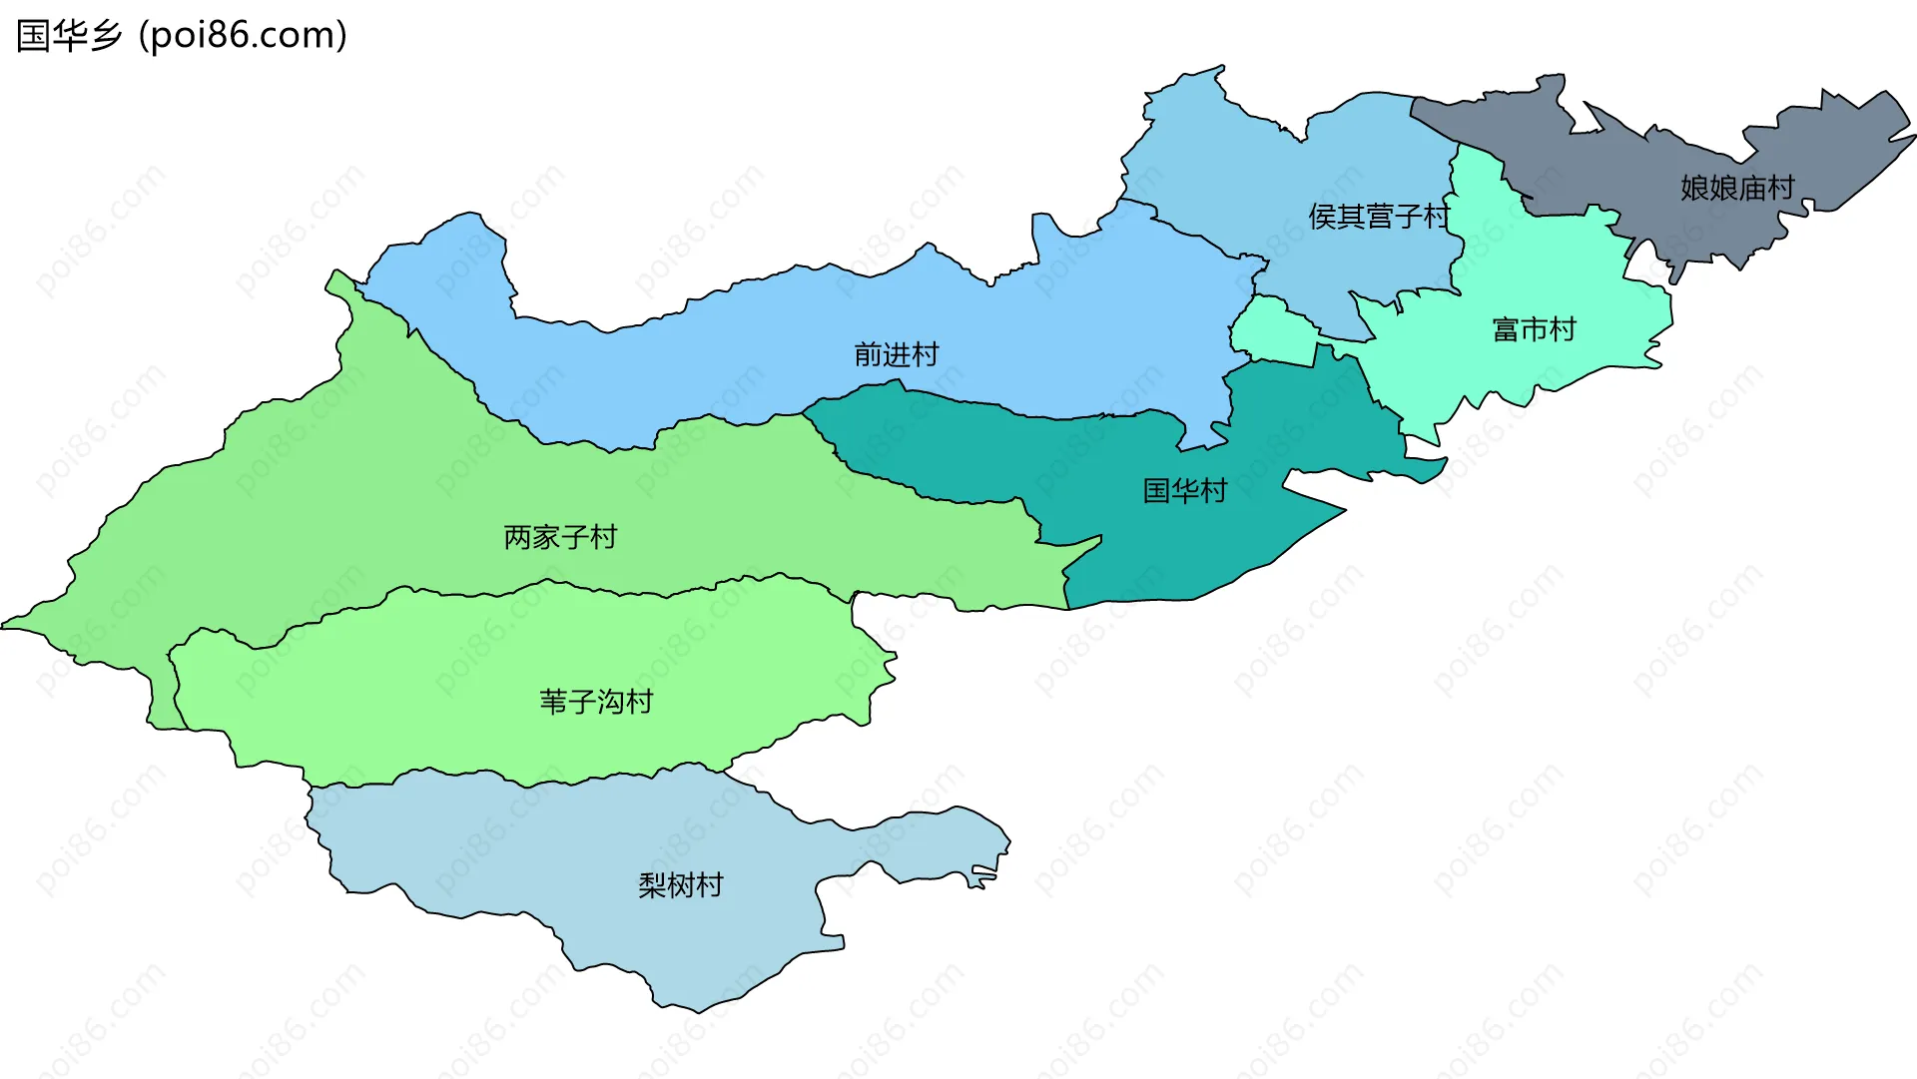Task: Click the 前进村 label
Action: click(x=896, y=354)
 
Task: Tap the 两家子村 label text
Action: click(x=560, y=537)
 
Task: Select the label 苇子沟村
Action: click(x=596, y=702)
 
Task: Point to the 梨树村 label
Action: click(x=680, y=885)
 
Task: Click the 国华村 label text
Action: click(x=1184, y=490)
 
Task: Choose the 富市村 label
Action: click(x=1534, y=329)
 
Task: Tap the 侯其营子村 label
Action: click(x=1378, y=216)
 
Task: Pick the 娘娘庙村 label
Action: click(x=1737, y=188)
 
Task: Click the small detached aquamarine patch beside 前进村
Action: click(x=1272, y=330)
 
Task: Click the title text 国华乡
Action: click(x=69, y=36)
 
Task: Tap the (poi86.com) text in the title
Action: click(x=243, y=36)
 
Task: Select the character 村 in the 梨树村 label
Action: click(x=709, y=885)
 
